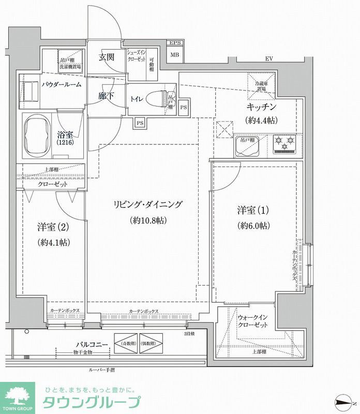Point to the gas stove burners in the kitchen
pyautogui.click(x=283, y=143)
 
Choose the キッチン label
pyautogui.click(x=261, y=108)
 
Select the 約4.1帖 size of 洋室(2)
pyautogui.click(x=54, y=242)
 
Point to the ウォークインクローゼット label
pyautogui.click(x=252, y=321)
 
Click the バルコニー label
pyautogui.click(x=92, y=344)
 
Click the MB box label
pyautogui.click(x=174, y=54)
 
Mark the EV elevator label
pyautogui.click(x=269, y=59)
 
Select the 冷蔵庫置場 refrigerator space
pyautogui.click(x=260, y=85)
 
